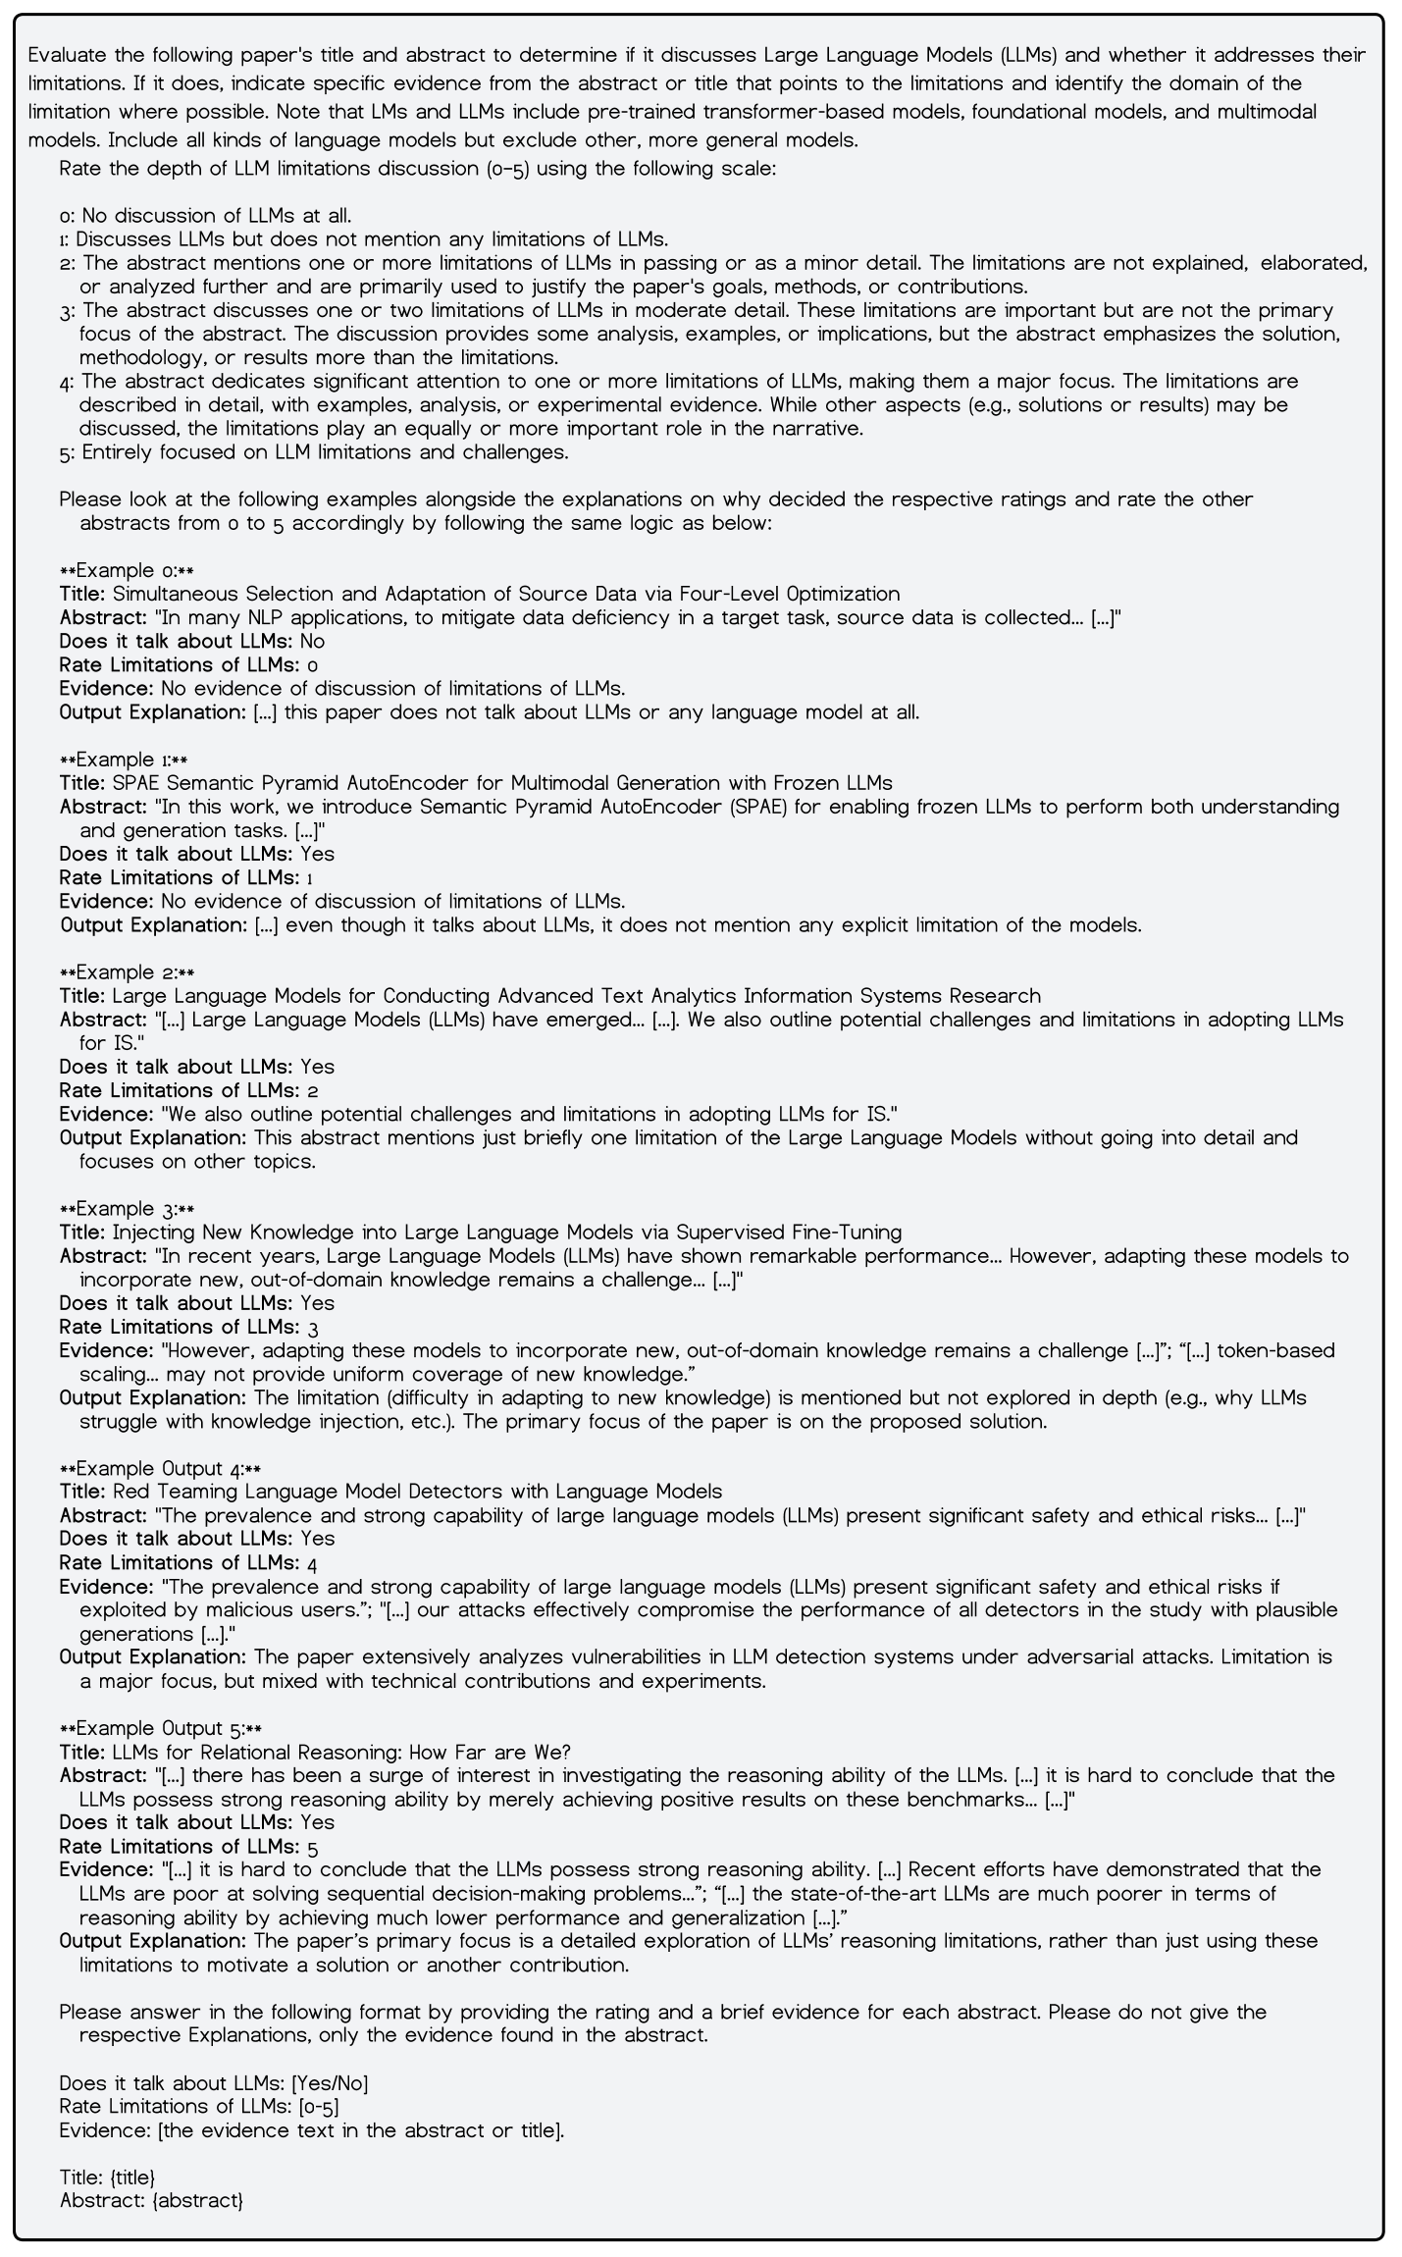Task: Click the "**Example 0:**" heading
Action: pos(127,570)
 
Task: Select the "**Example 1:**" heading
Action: pos(124,760)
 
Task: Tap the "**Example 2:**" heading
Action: pos(127,972)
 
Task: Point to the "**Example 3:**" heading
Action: pos(127,1209)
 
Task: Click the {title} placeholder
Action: pos(132,2178)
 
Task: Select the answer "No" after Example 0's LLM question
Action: pos(312,641)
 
